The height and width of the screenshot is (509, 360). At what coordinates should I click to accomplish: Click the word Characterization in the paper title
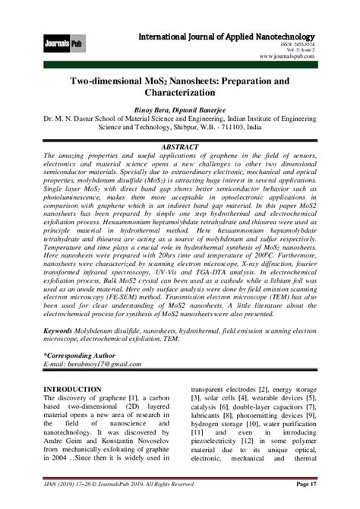(180, 90)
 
